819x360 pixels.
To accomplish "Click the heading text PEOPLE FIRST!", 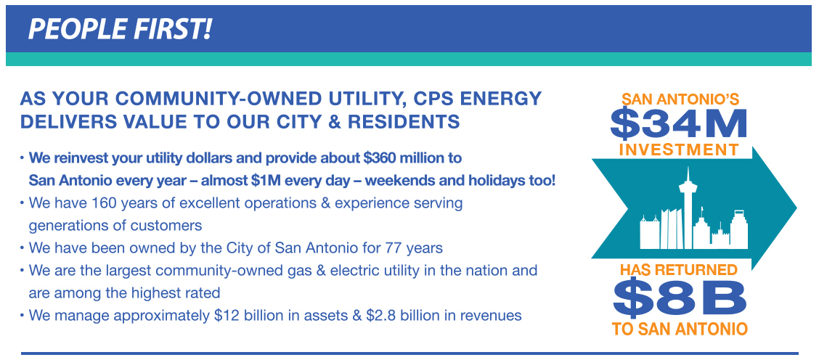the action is tap(120, 29).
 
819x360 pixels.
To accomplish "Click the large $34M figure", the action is tap(678, 124).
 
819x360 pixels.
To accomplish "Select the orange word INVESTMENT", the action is tap(678, 150).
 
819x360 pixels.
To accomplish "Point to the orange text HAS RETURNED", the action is tap(678, 270).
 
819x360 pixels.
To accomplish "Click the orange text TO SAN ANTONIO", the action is tap(680, 330).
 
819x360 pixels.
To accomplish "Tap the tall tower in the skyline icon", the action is tap(688, 207).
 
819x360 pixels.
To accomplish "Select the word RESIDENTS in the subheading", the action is tap(404, 122).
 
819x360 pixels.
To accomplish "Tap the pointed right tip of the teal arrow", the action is tap(796, 208).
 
